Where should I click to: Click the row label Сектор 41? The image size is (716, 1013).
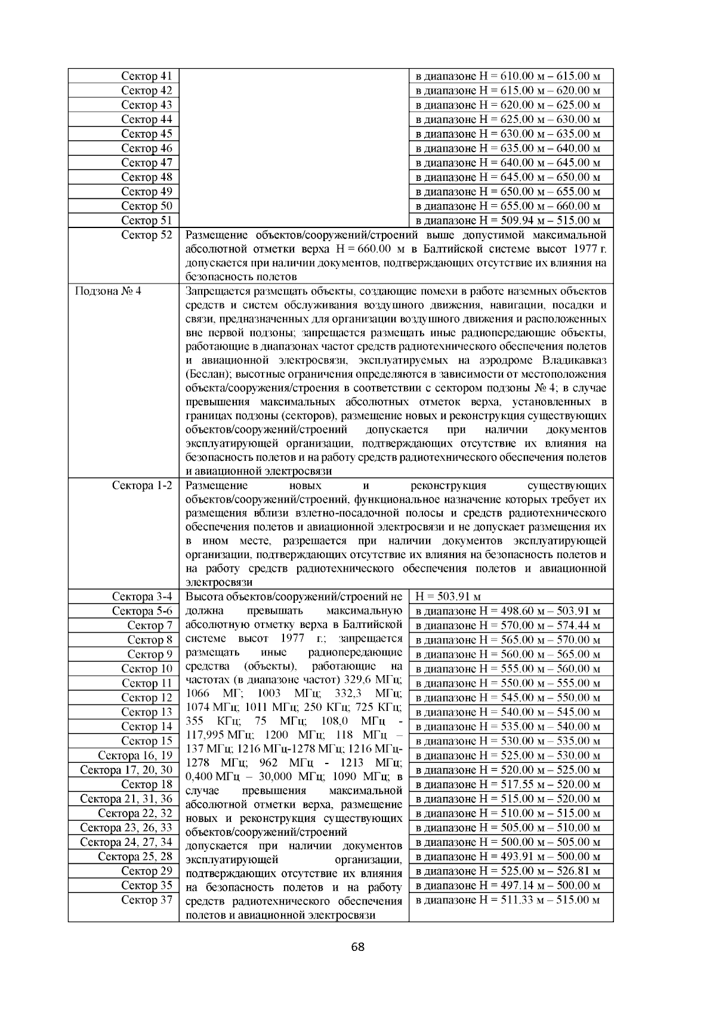point(146,76)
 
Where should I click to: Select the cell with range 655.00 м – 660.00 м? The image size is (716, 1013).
point(507,206)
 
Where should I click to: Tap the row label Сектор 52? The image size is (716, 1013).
point(146,235)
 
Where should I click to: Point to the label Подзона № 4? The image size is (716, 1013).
point(108,291)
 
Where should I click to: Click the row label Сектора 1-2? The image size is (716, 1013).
point(142,485)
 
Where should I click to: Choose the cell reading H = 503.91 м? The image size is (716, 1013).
point(448,596)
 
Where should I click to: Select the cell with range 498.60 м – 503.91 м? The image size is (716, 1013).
point(507,611)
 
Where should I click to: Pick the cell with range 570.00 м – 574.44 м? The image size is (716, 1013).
point(507,626)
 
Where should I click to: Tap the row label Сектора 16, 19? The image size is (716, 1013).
point(135,755)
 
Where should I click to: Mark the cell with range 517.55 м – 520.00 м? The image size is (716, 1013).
point(507,784)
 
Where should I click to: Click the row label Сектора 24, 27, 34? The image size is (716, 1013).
point(126,842)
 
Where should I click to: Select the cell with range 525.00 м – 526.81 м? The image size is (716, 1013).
point(507,871)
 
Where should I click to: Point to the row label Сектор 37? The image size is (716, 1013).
point(146,900)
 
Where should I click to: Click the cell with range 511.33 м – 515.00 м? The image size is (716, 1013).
point(507,900)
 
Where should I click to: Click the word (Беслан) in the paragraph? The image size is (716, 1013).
point(209,374)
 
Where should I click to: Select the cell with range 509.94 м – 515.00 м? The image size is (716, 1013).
point(507,221)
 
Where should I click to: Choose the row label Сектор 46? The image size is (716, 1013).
point(146,148)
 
